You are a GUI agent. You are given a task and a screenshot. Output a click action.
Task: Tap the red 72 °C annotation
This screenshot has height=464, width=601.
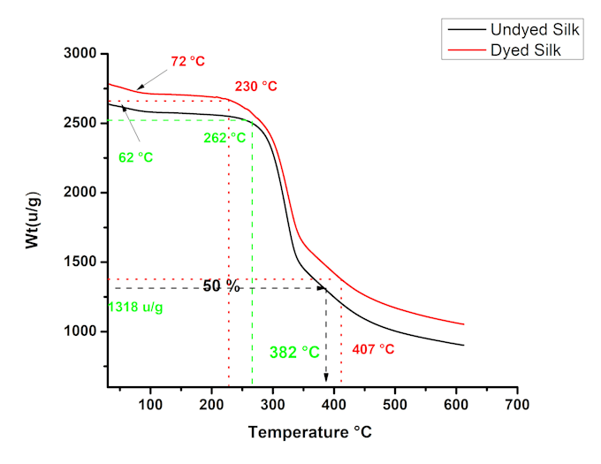coord(187,62)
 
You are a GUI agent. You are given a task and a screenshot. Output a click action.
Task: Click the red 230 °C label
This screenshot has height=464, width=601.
coord(255,87)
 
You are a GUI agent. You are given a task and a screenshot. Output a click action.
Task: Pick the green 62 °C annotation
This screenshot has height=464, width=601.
coord(135,157)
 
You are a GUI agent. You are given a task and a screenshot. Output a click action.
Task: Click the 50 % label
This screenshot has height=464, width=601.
coord(222,286)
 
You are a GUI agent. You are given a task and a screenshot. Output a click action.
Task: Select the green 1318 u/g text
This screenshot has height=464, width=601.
coord(141,307)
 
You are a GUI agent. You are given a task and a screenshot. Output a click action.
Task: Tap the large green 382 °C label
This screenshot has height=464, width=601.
coord(294,352)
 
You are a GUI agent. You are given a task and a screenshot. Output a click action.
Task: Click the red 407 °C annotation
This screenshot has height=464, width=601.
coord(373,348)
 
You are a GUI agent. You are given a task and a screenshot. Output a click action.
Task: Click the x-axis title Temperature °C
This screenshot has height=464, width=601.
coord(309,433)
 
